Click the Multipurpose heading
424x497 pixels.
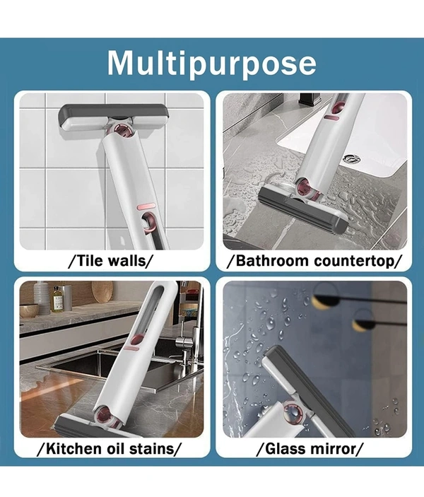tap(212, 63)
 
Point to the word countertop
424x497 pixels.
tap(353, 261)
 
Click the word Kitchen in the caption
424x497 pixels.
tap(71, 448)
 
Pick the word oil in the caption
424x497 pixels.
tap(112, 448)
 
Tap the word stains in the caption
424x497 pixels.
tap(151, 448)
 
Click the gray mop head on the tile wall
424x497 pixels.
tap(112, 117)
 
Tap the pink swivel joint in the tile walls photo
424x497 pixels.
tap(123, 131)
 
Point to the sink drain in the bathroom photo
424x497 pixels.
tap(352, 158)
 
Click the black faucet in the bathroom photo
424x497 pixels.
tap(309, 100)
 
